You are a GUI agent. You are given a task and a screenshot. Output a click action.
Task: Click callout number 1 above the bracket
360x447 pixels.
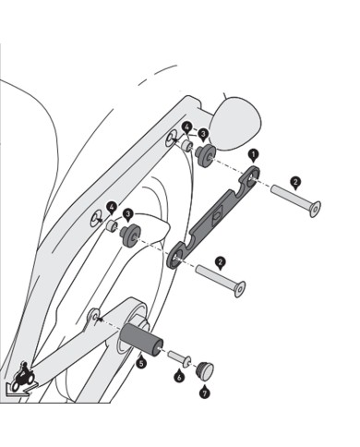point(253,155)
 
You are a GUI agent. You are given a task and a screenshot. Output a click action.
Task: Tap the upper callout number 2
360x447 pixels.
point(295,182)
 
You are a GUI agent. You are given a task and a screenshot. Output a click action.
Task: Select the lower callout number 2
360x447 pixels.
point(220,262)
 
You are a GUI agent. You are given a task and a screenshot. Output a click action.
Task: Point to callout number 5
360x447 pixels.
point(141,363)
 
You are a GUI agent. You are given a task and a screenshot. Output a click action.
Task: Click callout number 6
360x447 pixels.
point(179,377)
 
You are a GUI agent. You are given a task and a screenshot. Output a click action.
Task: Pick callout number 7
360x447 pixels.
point(204,393)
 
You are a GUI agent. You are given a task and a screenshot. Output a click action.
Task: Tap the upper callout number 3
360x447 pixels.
point(203,134)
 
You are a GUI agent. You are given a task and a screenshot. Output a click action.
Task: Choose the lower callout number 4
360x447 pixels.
point(112,207)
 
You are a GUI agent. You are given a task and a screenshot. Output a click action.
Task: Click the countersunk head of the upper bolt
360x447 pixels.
point(315,210)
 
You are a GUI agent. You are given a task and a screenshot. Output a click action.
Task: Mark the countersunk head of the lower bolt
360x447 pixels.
point(240,289)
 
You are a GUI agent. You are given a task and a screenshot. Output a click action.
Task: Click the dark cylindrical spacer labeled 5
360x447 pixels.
point(141,338)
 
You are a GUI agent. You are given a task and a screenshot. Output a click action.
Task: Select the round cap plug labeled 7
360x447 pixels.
point(205,369)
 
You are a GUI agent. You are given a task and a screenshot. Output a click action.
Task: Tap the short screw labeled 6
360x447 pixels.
point(180,358)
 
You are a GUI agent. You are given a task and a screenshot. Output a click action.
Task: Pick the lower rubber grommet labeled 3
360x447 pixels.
point(130,236)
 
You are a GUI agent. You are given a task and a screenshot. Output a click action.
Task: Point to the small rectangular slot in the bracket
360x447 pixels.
point(216,214)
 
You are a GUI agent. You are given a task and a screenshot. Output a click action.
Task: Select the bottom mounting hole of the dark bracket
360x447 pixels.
point(175,257)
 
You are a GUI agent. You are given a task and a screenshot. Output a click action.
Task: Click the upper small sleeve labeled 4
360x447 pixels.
point(186,145)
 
